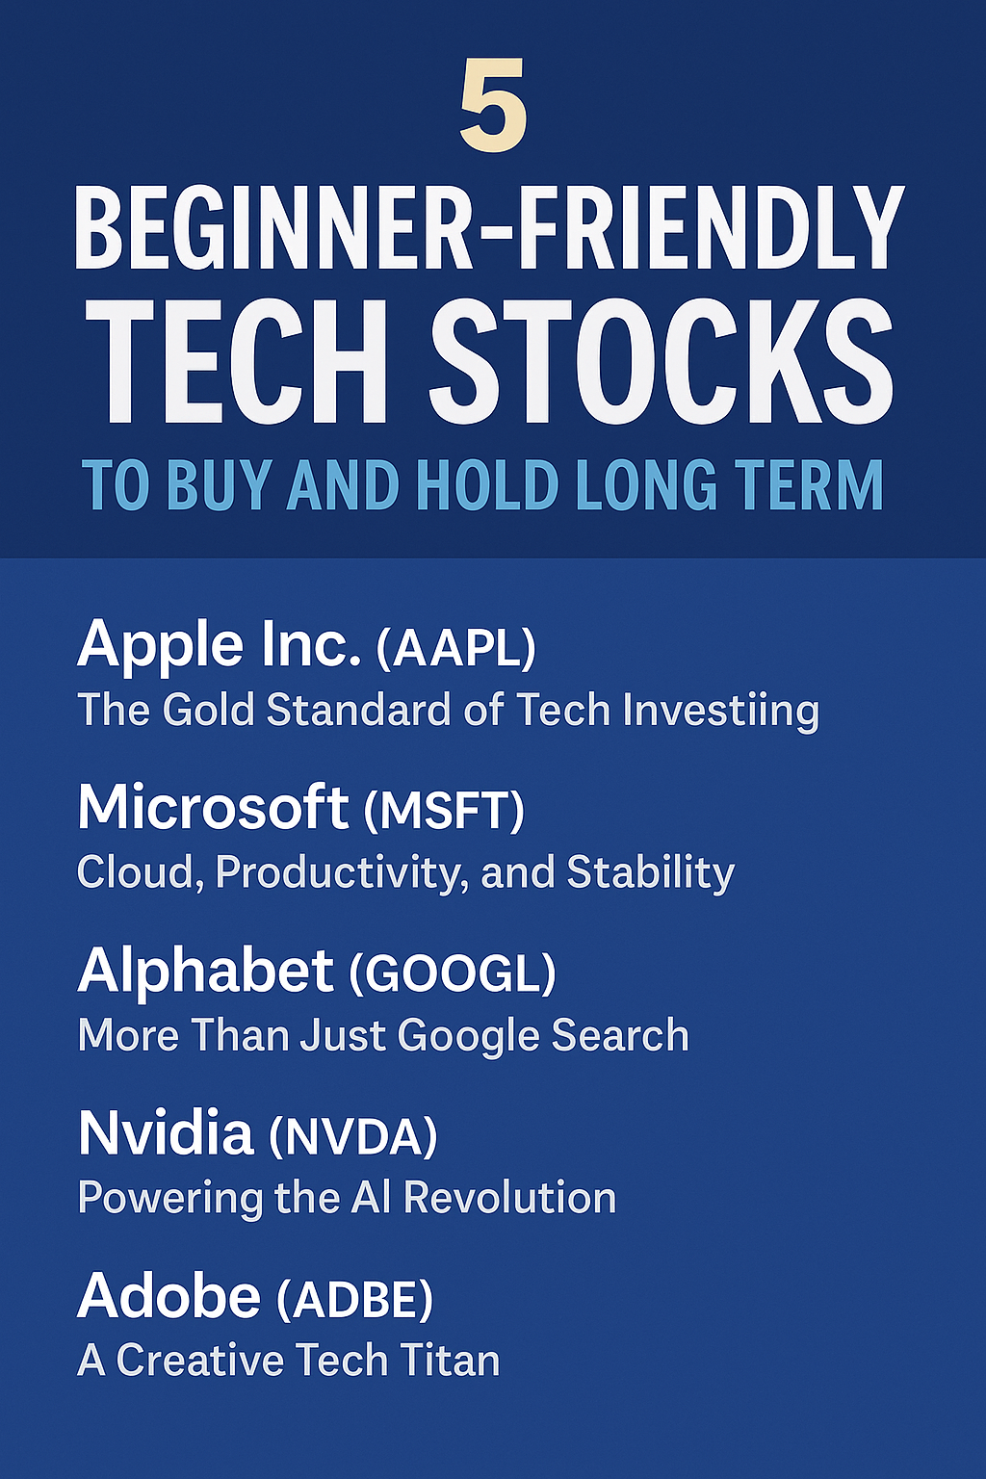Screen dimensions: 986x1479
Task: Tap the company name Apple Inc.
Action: (220, 647)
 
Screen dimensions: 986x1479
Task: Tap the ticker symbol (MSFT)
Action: (444, 813)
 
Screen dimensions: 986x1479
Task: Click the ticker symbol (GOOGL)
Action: (452, 974)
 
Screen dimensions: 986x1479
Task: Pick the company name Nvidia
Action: (166, 1133)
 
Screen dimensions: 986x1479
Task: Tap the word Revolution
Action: (509, 1198)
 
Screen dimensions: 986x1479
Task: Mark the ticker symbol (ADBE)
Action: (354, 1298)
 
